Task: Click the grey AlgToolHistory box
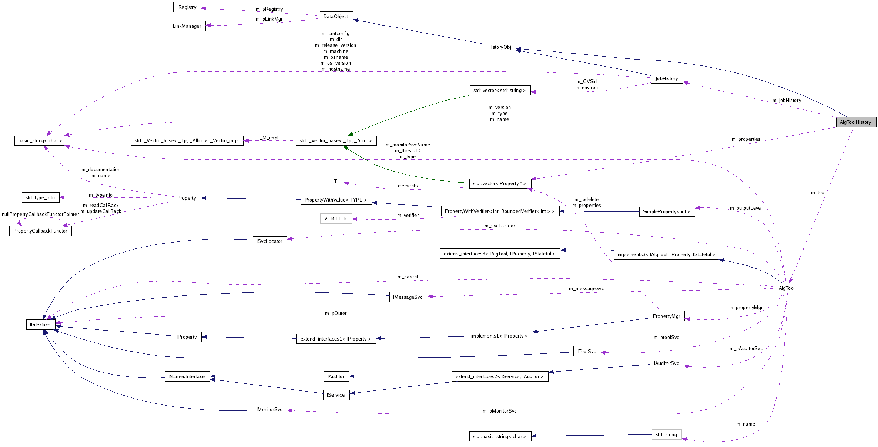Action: (x=855, y=122)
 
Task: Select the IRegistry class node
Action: (x=187, y=7)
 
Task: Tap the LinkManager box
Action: (x=187, y=26)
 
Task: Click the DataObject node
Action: (x=336, y=16)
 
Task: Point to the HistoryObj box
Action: (x=500, y=47)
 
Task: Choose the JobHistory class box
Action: (x=666, y=78)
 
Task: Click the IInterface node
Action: (x=40, y=325)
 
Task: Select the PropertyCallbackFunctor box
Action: (x=40, y=231)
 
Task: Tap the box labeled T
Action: (x=336, y=181)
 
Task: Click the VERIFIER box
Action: (x=336, y=219)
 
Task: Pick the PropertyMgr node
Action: (x=666, y=316)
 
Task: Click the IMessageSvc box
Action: (x=408, y=297)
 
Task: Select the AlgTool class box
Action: (x=787, y=288)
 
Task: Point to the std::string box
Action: (x=666, y=434)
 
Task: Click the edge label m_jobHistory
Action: (x=787, y=100)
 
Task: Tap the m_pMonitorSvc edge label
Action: (x=499, y=411)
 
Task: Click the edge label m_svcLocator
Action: (x=499, y=226)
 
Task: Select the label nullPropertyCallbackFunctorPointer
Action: (x=40, y=214)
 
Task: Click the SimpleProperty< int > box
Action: (x=666, y=211)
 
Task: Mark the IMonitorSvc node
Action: (x=269, y=409)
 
